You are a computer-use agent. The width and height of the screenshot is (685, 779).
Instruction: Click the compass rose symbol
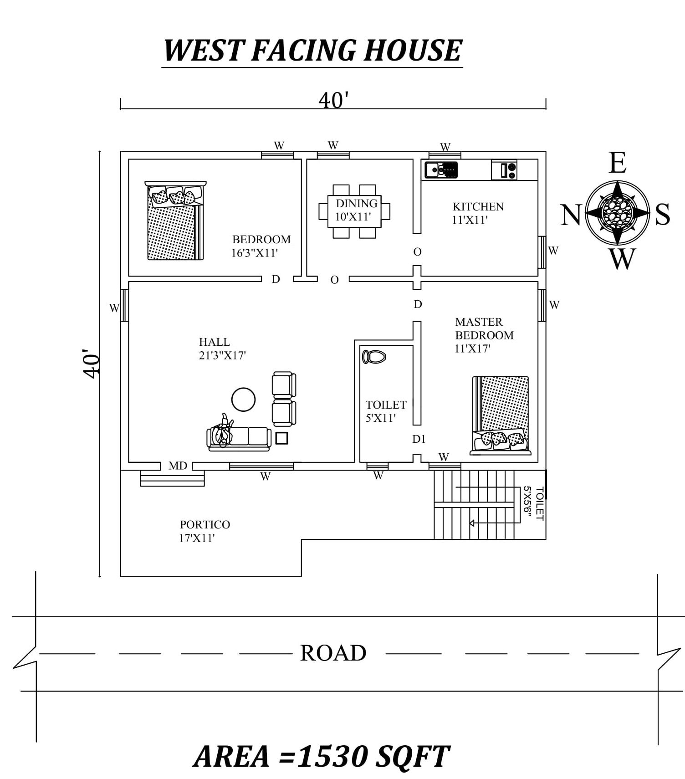[617, 212]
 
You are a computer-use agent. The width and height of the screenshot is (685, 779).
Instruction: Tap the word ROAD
[333, 653]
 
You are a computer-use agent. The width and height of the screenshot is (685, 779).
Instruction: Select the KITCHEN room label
[478, 206]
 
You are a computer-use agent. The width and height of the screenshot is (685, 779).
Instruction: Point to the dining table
[354, 211]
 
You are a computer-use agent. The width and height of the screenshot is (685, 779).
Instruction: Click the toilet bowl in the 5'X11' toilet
[374, 357]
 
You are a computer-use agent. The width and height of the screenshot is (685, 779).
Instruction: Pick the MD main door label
[178, 466]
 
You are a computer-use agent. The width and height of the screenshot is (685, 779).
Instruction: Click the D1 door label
[419, 439]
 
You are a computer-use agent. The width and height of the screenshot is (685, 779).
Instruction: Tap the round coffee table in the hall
[243, 400]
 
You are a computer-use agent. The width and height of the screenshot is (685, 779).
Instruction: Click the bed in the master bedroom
[501, 415]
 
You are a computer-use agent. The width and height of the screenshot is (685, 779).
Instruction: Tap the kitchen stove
[504, 170]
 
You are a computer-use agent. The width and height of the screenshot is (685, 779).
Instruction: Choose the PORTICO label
[204, 524]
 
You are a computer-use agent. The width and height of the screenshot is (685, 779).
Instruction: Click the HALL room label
[214, 342]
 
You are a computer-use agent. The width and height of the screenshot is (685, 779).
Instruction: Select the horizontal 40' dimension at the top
[333, 100]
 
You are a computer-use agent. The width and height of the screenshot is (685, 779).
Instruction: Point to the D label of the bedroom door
[276, 279]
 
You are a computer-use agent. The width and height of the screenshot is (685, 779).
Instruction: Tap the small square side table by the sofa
[281, 438]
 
